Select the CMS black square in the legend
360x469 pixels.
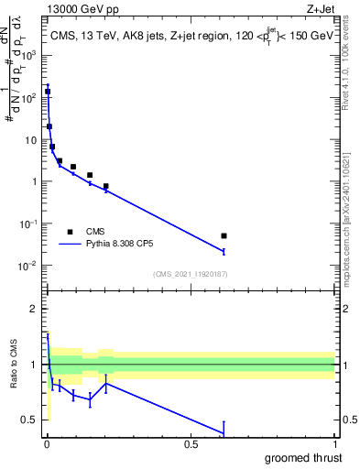[x=70, y=232]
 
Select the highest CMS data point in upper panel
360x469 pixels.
[x=48, y=92]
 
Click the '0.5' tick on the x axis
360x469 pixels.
[x=191, y=444]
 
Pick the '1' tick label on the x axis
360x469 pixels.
[x=334, y=444]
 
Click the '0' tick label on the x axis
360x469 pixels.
[x=47, y=444]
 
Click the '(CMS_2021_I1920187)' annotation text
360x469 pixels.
[x=191, y=274]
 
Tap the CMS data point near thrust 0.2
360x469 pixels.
[x=106, y=186]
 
